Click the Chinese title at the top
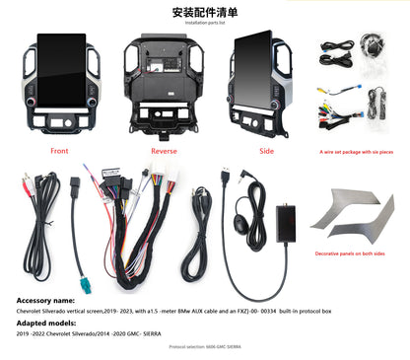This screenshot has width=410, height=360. [204, 12]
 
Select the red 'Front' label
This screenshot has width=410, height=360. [61, 151]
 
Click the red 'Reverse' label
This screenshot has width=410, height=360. [164, 152]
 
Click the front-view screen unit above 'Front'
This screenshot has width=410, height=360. [61, 89]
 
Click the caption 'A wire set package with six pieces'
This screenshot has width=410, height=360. [356, 153]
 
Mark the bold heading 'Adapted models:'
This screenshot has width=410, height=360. [43, 322]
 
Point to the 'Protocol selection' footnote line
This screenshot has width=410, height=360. [204, 347]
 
